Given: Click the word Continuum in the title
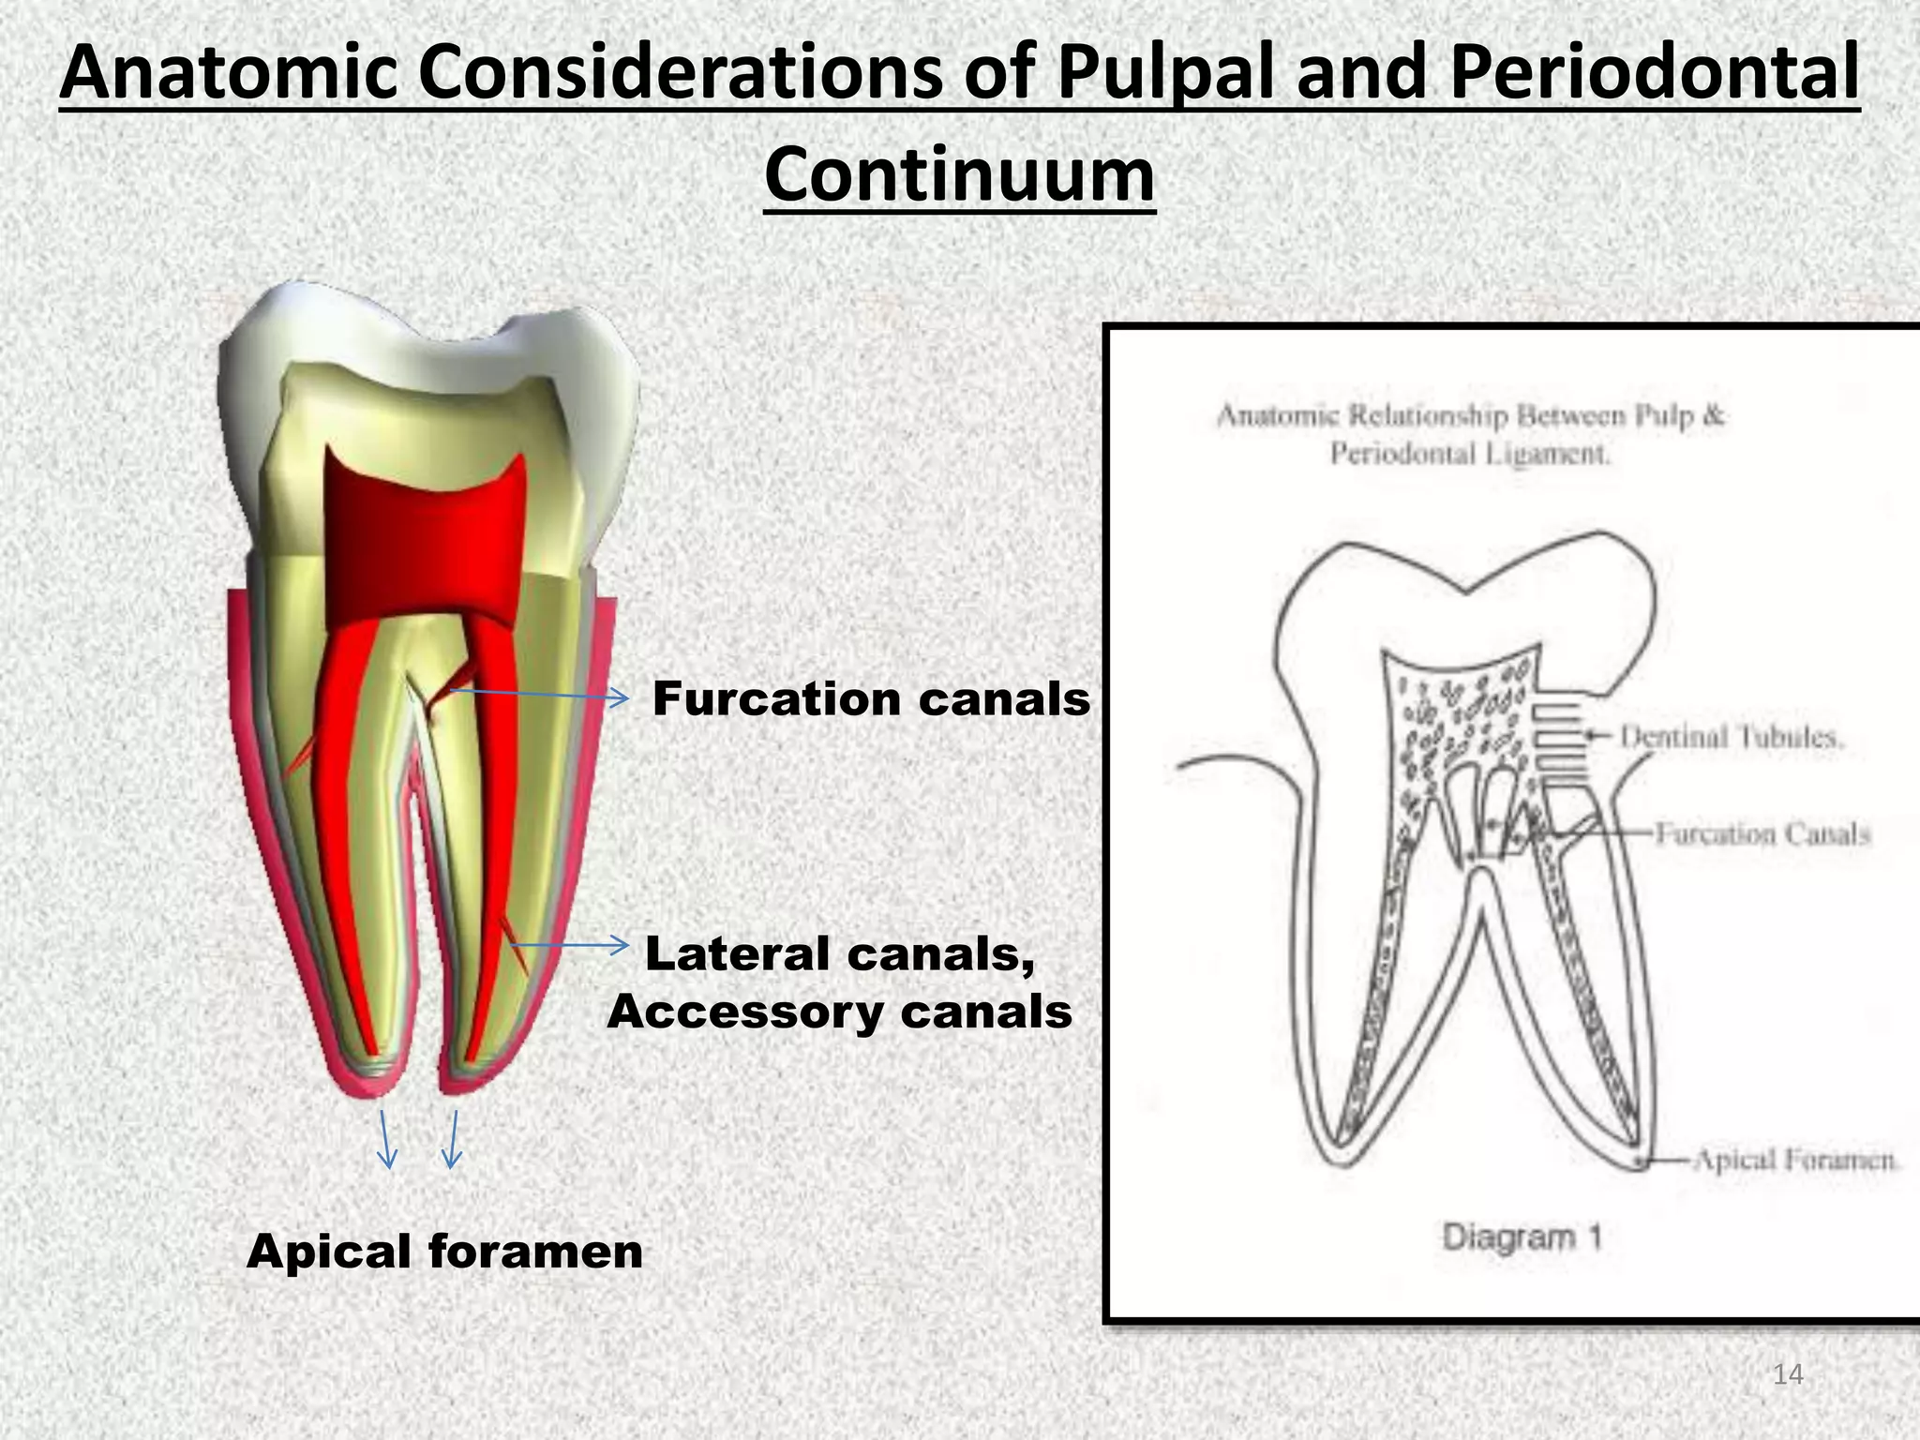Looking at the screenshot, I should point(959,175).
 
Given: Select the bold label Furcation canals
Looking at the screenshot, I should point(871,699).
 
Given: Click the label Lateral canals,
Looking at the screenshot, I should point(840,954).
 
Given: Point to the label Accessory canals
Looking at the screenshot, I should point(839,1012).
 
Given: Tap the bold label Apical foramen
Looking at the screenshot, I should point(444,1252).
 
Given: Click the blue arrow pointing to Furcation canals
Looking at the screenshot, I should point(539,695).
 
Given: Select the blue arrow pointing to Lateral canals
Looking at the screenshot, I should point(568,945).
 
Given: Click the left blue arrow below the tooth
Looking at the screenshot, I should point(384,1140).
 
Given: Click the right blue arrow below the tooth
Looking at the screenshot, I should point(453,1140).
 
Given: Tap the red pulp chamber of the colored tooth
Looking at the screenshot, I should point(422,534).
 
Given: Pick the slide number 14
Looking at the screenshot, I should point(1788,1375).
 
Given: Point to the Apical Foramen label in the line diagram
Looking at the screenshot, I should point(1792,1161).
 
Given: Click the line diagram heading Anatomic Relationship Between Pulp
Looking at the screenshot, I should point(1470,415).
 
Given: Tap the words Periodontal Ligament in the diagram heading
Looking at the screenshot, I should point(1470,455).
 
